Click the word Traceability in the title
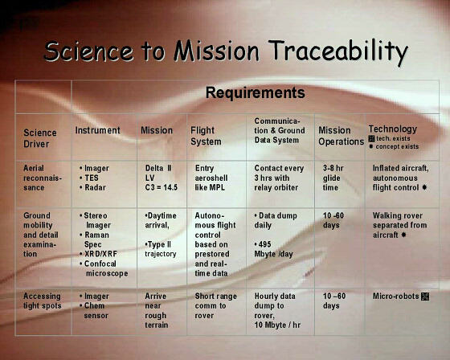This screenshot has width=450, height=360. click(x=338, y=51)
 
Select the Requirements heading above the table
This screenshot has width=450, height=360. click(x=256, y=92)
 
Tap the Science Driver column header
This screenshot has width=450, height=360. click(x=40, y=138)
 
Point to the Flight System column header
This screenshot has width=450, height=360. click(x=206, y=136)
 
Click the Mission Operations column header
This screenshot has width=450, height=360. click(x=341, y=136)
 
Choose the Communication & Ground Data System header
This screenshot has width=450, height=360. click(x=280, y=131)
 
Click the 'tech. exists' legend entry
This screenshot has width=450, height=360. click(x=389, y=139)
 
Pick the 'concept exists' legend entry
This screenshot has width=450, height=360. click(x=394, y=146)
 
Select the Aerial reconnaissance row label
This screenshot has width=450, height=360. click(x=43, y=178)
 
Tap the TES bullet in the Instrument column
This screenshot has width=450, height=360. click(x=89, y=178)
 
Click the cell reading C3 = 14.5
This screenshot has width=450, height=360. click(x=162, y=187)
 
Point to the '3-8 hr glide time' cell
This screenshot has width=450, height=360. click(x=333, y=178)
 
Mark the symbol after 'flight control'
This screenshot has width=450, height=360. click(x=424, y=187)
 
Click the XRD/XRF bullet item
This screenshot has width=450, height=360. click(x=98, y=254)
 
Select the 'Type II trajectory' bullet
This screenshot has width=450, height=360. click(x=161, y=249)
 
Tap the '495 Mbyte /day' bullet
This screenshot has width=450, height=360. click(x=273, y=249)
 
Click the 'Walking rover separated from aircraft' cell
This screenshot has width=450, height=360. click(x=399, y=225)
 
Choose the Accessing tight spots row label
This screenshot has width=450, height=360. click(x=42, y=301)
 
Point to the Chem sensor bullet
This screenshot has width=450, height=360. click(x=94, y=311)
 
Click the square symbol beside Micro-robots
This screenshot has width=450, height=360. click(x=425, y=297)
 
